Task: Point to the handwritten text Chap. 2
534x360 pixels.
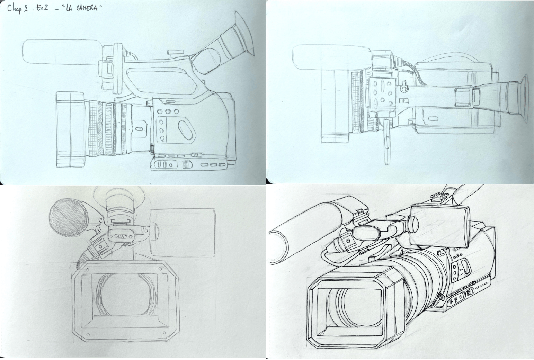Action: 18,9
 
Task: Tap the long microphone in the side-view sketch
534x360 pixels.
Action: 62,52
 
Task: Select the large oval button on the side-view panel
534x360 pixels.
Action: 185,130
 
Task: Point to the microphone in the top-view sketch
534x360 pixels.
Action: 331,57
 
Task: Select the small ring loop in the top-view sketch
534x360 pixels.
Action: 404,89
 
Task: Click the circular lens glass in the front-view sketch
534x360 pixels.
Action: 126,295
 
